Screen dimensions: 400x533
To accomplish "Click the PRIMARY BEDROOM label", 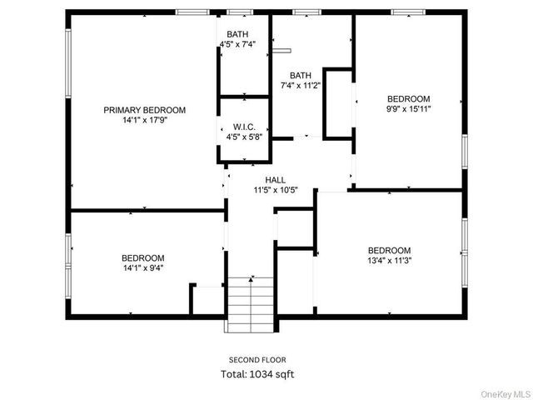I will [144, 110].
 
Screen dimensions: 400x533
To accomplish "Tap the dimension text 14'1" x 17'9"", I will [144, 120].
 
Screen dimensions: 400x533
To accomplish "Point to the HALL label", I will [276, 180].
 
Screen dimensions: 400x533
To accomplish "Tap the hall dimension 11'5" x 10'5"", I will [276, 190].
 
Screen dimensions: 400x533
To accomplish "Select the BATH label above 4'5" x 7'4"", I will [238, 33].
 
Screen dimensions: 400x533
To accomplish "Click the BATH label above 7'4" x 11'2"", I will [301, 75].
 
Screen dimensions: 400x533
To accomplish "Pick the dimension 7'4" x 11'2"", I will [301, 85].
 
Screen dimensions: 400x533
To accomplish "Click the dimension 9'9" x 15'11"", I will [408, 108].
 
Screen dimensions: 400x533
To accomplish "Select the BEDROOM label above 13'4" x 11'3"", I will [390, 250].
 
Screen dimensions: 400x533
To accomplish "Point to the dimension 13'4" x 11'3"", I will [390, 260].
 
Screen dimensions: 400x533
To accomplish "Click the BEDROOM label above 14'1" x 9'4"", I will [143, 258].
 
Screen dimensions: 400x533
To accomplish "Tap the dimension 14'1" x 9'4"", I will [143, 268].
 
